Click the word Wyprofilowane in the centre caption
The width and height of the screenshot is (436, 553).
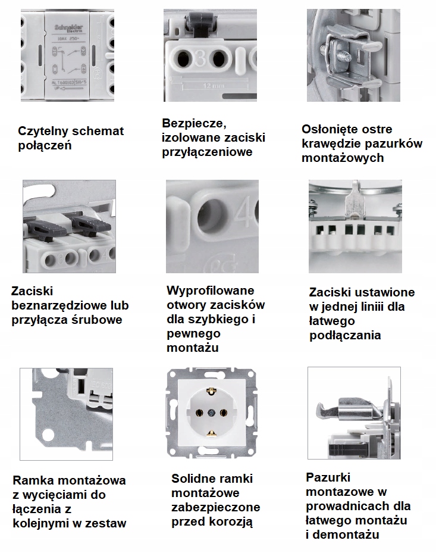[211, 290]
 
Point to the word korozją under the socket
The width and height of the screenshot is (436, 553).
[234, 521]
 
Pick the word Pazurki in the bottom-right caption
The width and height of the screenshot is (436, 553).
[328, 477]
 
